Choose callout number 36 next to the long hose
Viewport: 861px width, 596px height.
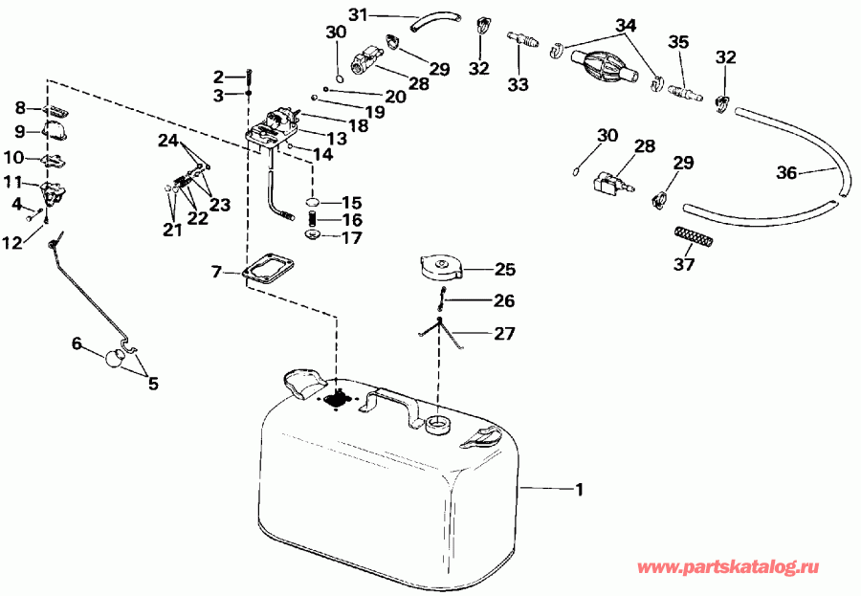click(786, 173)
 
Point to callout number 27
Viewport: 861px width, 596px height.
click(504, 334)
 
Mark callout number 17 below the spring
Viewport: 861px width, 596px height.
click(351, 237)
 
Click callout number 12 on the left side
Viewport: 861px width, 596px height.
click(11, 244)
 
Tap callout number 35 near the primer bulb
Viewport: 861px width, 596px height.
click(677, 42)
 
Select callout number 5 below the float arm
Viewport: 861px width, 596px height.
click(152, 384)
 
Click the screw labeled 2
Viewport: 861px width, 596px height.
click(249, 76)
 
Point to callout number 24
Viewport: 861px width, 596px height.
click(168, 141)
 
